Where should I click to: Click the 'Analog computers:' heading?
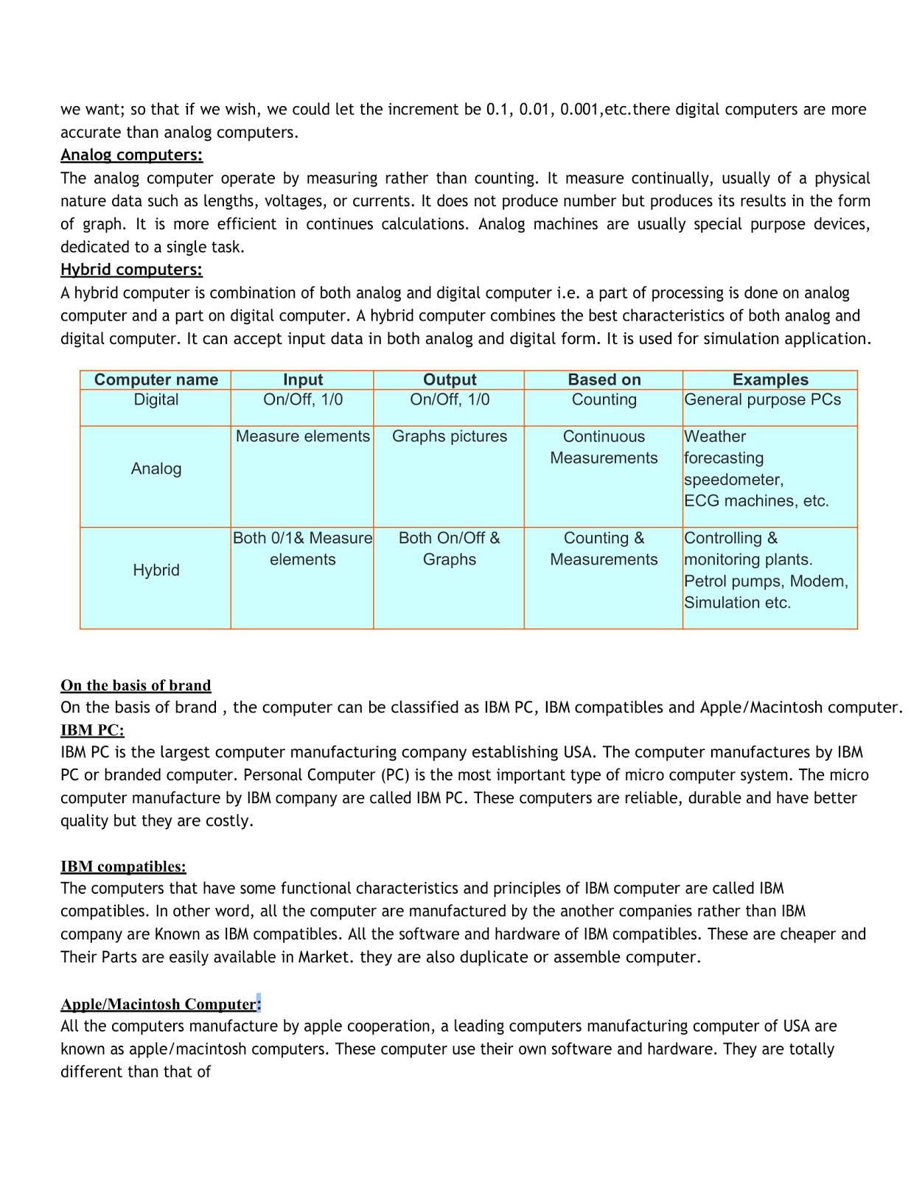coord(131,155)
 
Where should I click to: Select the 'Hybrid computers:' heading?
coord(131,270)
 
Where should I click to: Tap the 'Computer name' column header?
coord(156,379)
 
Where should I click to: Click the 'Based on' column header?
coord(604,379)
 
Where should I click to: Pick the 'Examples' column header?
coord(769,379)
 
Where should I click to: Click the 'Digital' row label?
coord(156,399)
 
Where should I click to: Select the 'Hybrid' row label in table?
coord(156,570)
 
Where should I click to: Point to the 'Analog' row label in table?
coord(156,469)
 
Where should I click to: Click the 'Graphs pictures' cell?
coord(449,436)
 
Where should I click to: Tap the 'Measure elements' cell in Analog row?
coord(302,436)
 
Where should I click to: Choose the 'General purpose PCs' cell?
coord(762,399)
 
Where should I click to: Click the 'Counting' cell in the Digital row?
coord(604,399)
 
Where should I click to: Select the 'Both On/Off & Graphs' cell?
coord(449,548)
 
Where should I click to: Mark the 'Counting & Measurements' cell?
coord(604,548)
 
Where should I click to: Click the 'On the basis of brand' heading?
coord(136,685)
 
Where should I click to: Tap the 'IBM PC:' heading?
coord(92,730)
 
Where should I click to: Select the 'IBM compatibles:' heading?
coord(123,867)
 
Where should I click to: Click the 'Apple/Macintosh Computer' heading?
coord(158,1004)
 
